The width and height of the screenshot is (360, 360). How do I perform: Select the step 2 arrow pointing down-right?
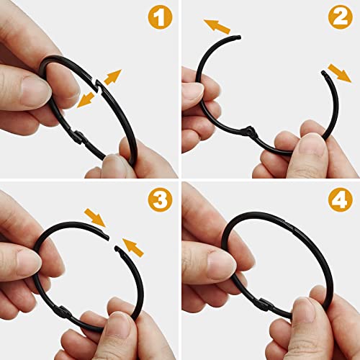pyautogui.click(x=334, y=71)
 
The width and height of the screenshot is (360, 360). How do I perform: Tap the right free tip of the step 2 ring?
pyautogui.click(x=320, y=72)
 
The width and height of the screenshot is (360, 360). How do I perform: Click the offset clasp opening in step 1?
pyautogui.click(x=101, y=91)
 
